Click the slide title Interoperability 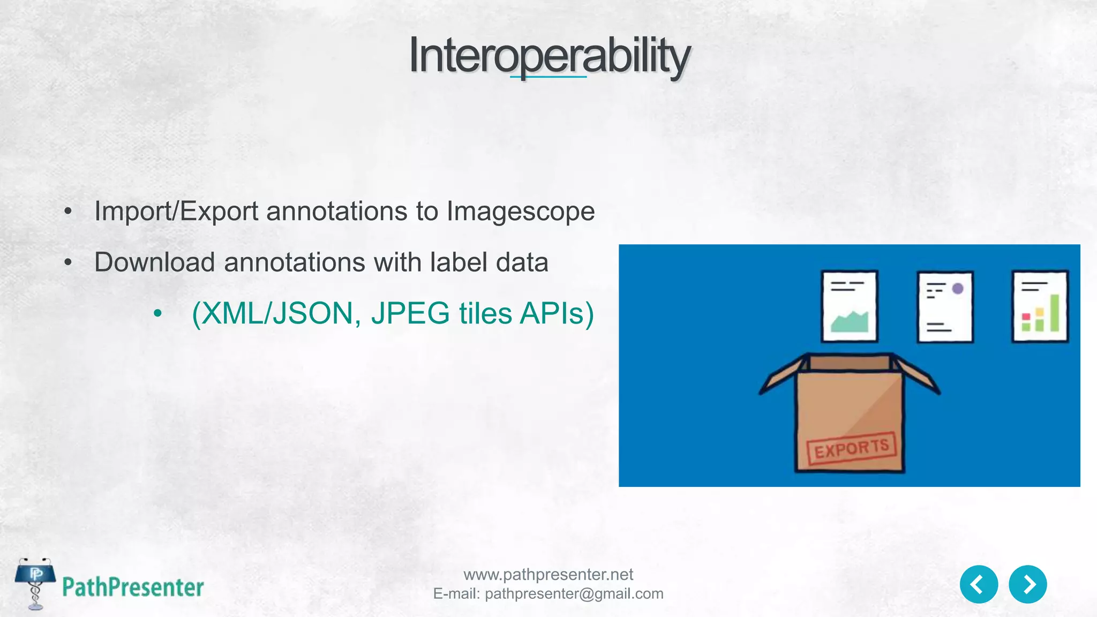[548, 56]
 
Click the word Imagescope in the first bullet [521, 211]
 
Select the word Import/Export [176, 211]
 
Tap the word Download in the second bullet [155, 262]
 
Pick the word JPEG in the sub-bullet [410, 313]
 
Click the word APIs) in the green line [557, 313]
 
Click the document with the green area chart [850, 306]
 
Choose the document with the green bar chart [1040, 306]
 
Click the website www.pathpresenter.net [548, 575]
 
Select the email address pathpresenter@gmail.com [574, 594]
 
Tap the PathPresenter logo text [133, 588]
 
